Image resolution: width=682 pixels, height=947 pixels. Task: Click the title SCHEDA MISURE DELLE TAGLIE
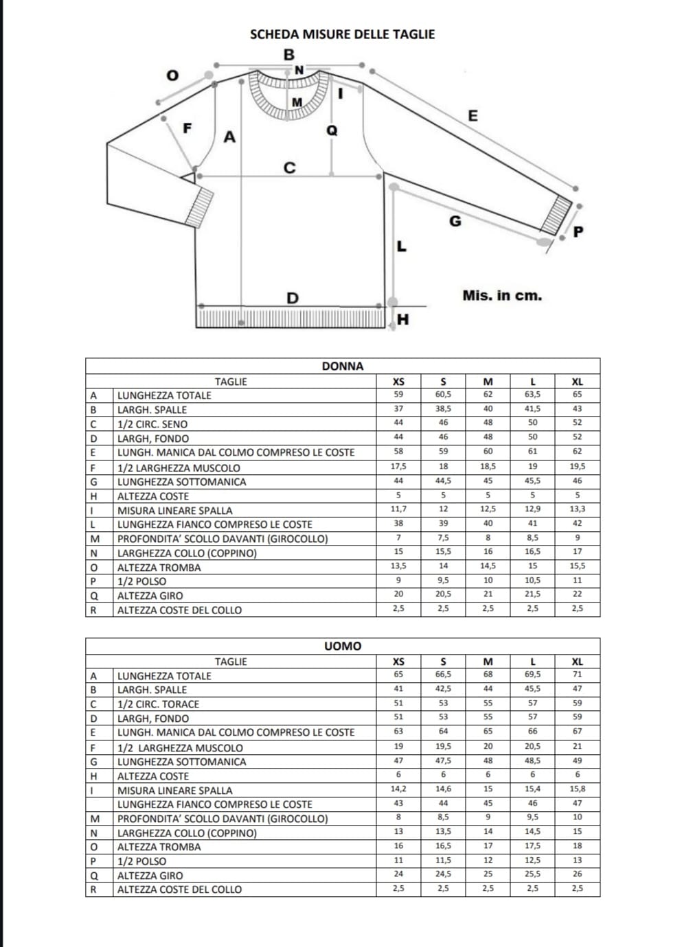point(342,34)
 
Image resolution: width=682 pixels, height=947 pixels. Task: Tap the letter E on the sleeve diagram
point(473,115)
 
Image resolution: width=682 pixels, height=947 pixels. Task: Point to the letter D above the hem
point(293,298)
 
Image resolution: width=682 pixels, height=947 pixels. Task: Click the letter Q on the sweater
point(332,130)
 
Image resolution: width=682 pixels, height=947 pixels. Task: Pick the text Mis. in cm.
point(502,296)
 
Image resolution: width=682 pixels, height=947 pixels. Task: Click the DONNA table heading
point(343,366)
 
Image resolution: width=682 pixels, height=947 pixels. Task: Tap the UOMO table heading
point(343,646)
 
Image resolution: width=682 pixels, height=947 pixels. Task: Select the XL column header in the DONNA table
point(577,382)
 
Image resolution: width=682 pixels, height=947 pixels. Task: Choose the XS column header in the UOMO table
point(398,662)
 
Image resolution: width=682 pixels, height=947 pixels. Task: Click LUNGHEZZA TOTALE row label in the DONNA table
point(164,396)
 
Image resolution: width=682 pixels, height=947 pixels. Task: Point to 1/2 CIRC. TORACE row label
point(158,704)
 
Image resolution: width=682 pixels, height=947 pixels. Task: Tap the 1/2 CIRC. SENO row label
point(152,424)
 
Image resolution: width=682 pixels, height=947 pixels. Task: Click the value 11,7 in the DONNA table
point(398,509)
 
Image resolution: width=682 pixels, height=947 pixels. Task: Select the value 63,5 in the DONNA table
point(532,395)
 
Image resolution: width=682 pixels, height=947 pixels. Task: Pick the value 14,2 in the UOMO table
point(398,789)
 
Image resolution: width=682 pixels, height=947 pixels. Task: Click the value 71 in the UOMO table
point(577,675)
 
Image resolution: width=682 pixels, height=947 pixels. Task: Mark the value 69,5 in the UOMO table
point(532,675)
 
